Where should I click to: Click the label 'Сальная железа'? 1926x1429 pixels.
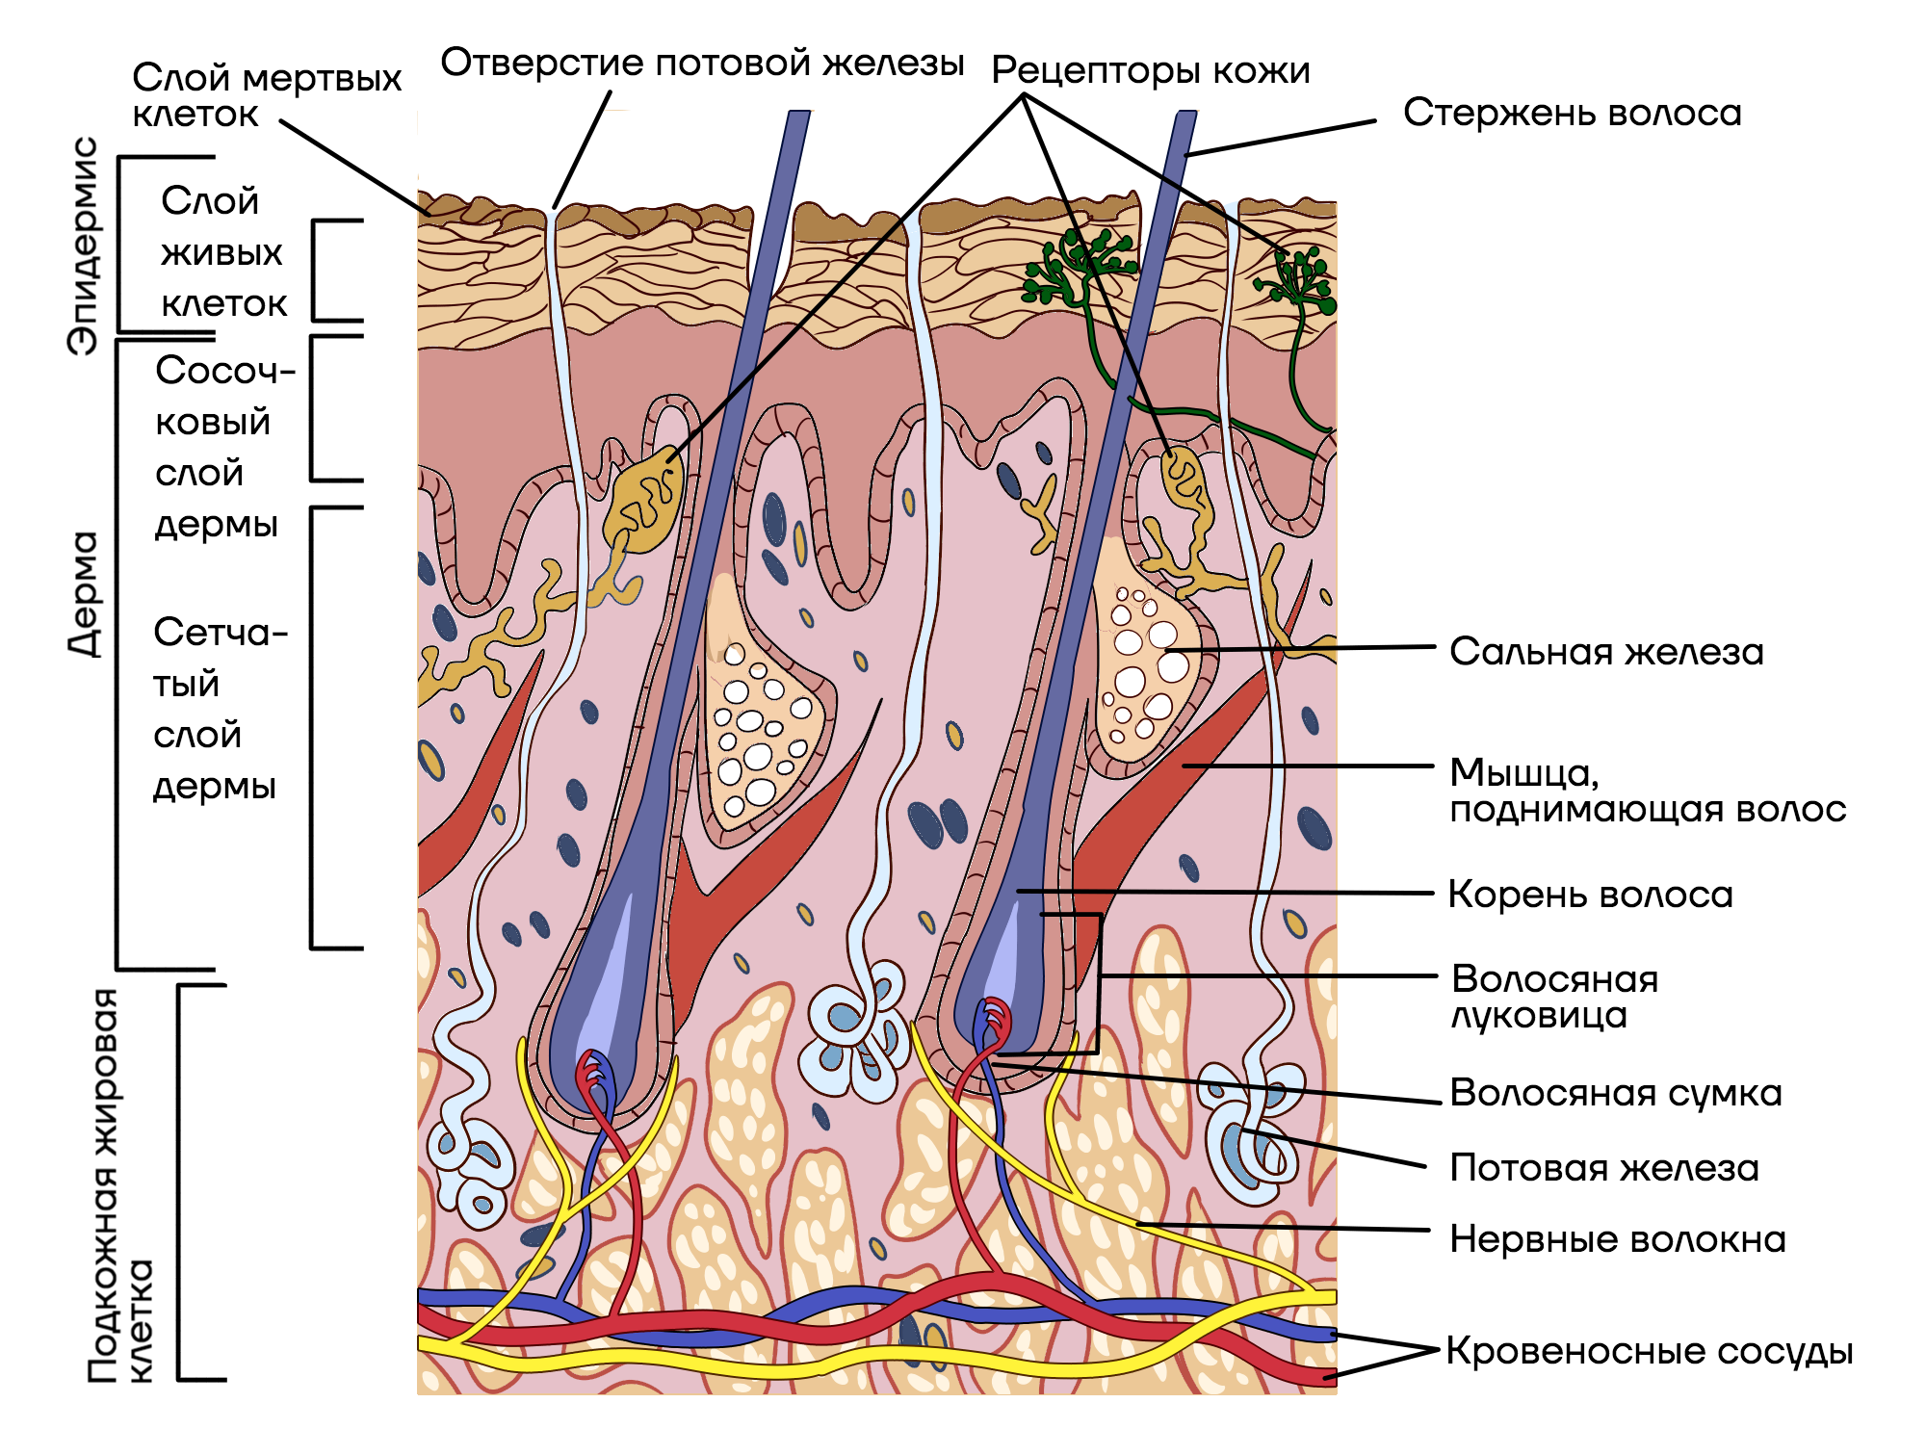tap(1606, 652)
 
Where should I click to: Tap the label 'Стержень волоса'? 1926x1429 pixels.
tap(1572, 113)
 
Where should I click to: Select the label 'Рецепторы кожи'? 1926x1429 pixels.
tap(1151, 70)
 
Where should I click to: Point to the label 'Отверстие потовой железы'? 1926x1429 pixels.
tap(702, 63)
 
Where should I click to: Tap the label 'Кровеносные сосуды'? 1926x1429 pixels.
tap(1649, 1351)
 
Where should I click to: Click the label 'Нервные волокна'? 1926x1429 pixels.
tap(1617, 1239)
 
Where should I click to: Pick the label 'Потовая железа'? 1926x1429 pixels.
tap(1604, 1168)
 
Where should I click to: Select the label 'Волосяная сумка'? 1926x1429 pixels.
tap(1615, 1093)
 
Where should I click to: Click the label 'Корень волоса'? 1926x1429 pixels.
tap(1590, 895)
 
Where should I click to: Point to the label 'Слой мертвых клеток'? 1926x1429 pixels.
tap(266, 95)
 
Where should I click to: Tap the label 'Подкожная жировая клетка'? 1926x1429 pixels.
tap(119, 1184)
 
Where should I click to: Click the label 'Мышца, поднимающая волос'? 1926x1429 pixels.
tap(1647, 791)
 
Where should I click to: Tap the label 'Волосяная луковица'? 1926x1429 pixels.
tap(1553, 997)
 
